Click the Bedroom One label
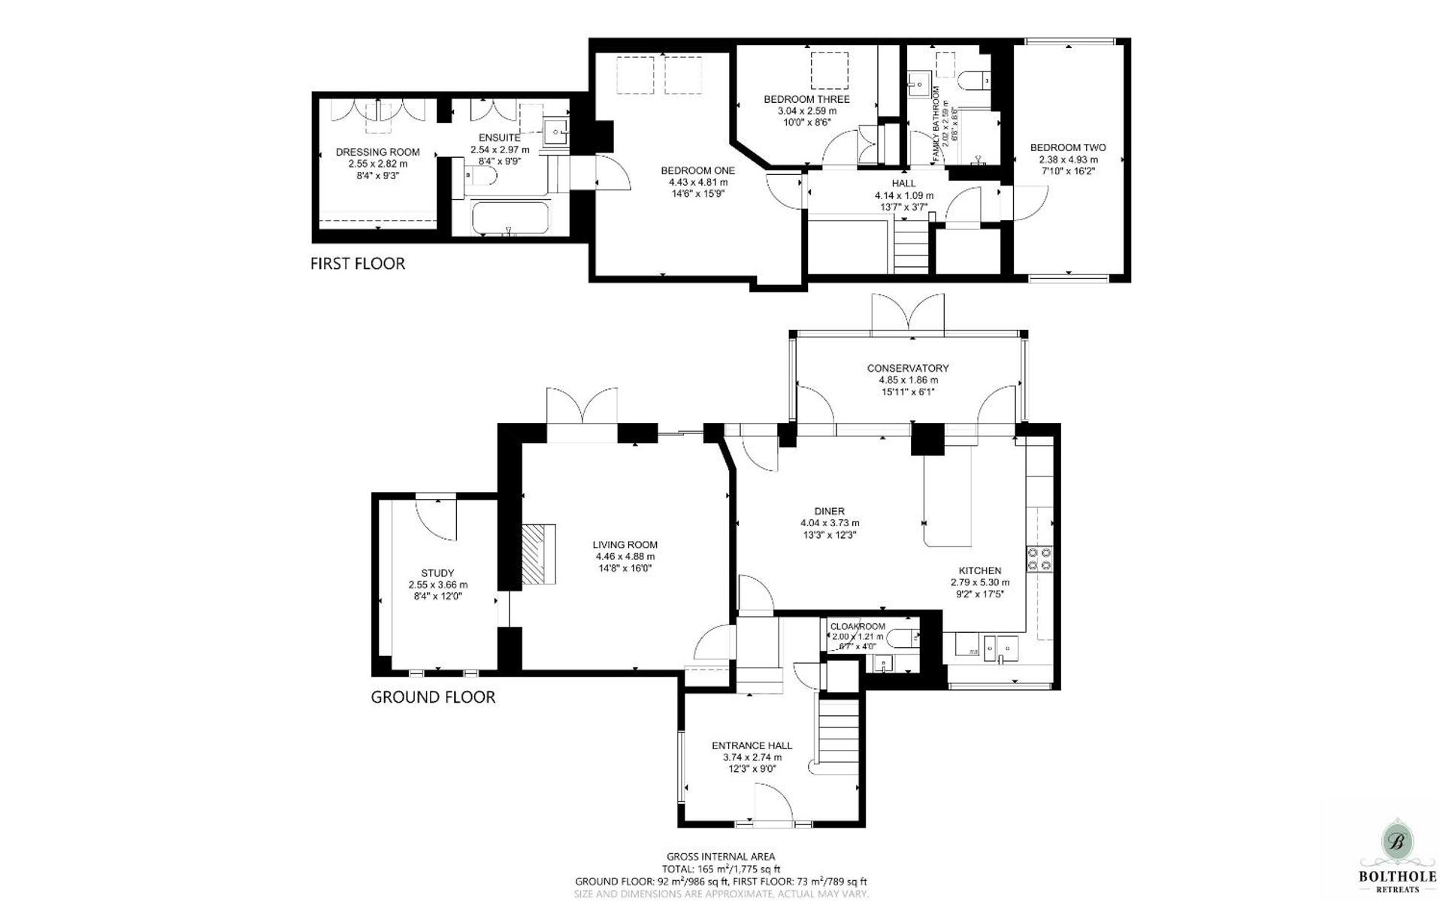click(697, 171)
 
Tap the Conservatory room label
click(907, 368)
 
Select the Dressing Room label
click(377, 152)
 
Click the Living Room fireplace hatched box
click(539, 554)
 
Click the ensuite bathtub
click(510, 219)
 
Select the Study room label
click(437, 573)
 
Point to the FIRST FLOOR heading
click(358, 264)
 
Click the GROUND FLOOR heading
click(433, 697)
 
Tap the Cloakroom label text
click(858, 626)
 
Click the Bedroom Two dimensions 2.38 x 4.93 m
click(1068, 159)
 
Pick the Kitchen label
click(979, 571)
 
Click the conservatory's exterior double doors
click(907, 314)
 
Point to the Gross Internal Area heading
click(720, 856)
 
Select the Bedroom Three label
click(806, 99)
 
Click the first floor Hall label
click(903, 183)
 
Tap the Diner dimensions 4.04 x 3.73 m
click(830, 523)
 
